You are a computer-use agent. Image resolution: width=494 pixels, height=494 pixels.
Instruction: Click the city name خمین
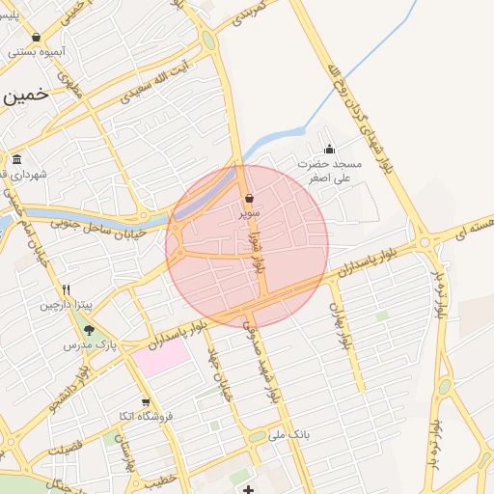pyautogui.click(x=25, y=97)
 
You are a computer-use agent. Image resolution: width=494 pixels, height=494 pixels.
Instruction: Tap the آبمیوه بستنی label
pyautogui.click(x=37, y=51)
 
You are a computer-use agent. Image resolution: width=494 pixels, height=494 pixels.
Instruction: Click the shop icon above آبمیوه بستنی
pyautogui.click(x=36, y=38)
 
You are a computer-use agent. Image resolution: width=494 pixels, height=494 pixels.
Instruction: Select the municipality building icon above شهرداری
pyautogui.click(x=16, y=160)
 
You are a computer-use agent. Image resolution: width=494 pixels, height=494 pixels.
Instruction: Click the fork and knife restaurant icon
pyautogui.click(x=66, y=289)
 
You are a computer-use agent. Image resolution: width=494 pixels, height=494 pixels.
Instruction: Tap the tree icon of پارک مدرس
pyautogui.click(x=90, y=329)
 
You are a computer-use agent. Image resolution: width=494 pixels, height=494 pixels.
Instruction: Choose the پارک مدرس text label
pyautogui.click(x=84, y=344)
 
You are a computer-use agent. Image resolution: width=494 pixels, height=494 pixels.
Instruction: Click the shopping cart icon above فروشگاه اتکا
pyautogui.click(x=146, y=402)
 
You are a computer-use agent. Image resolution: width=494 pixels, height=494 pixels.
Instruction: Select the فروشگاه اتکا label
pyautogui.click(x=146, y=417)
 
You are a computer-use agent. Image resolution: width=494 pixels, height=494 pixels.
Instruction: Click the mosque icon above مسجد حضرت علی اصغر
pyautogui.click(x=330, y=150)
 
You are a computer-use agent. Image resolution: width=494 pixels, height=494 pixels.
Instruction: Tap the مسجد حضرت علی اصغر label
pyautogui.click(x=330, y=171)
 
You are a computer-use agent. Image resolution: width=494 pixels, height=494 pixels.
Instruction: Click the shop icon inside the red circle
pyautogui.click(x=249, y=199)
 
